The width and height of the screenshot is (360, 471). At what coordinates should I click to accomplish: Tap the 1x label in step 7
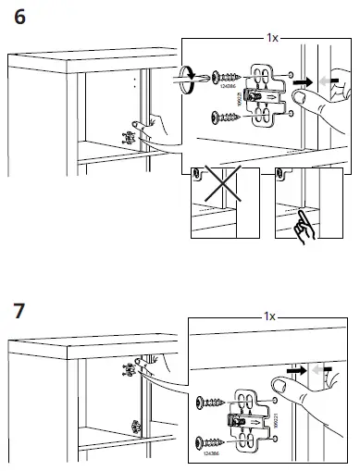(268, 317)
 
